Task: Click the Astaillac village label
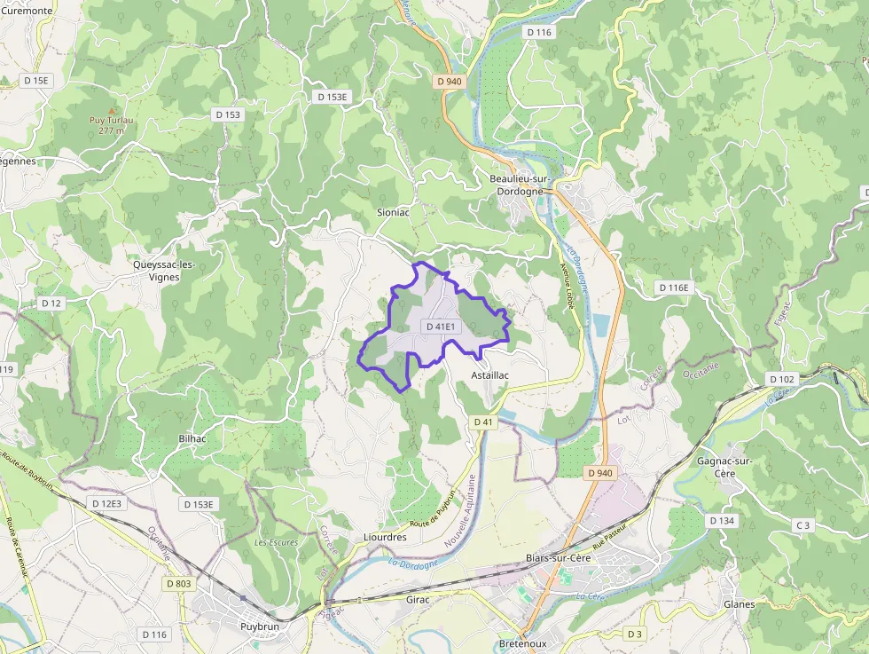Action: click(x=490, y=375)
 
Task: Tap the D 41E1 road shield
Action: click(x=441, y=327)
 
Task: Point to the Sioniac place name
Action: click(x=394, y=213)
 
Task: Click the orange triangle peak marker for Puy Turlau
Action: click(x=112, y=109)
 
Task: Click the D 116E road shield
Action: click(x=674, y=288)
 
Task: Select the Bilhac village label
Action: click(x=192, y=438)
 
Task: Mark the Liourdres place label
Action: click(x=385, y=537)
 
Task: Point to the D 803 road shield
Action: click(x=178, y=583)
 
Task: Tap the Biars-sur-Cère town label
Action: click(x=558, y=557)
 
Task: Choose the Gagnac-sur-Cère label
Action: click(x=725, y=467)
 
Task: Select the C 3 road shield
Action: click(x=803, y=525)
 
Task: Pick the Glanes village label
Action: click(x=740, y=604)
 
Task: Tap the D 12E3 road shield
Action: click(x=106, y=503)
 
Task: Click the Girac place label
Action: click(x=418, y=600)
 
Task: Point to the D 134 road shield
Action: click(x=723, y=520)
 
